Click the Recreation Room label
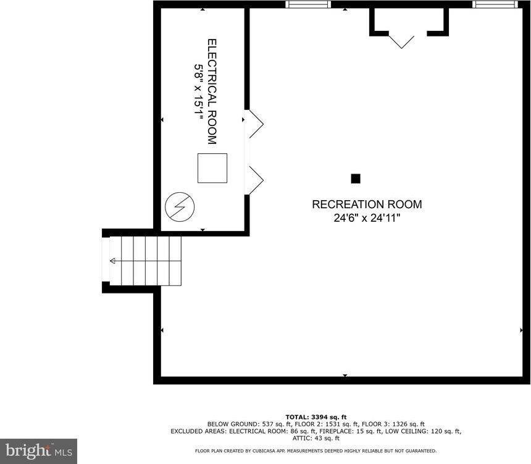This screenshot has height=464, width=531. tap(367, 204)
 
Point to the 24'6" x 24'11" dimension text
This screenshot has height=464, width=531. tap(367, 217)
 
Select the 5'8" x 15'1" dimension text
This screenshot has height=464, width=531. tap(199, 93)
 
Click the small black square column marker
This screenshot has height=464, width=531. tap(356, 179)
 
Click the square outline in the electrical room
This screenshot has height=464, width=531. tap(212, 167)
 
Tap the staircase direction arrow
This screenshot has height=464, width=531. tap(112, 261)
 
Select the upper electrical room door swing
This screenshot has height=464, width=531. tap(254, 124)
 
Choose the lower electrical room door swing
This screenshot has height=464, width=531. tap(254, 180)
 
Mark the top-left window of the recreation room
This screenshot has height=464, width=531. tap(308, 4)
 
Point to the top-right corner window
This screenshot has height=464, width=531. tap(495, 4)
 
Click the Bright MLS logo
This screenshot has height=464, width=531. tap(38, 450)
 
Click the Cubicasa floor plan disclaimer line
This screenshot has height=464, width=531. tap(316, 451)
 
